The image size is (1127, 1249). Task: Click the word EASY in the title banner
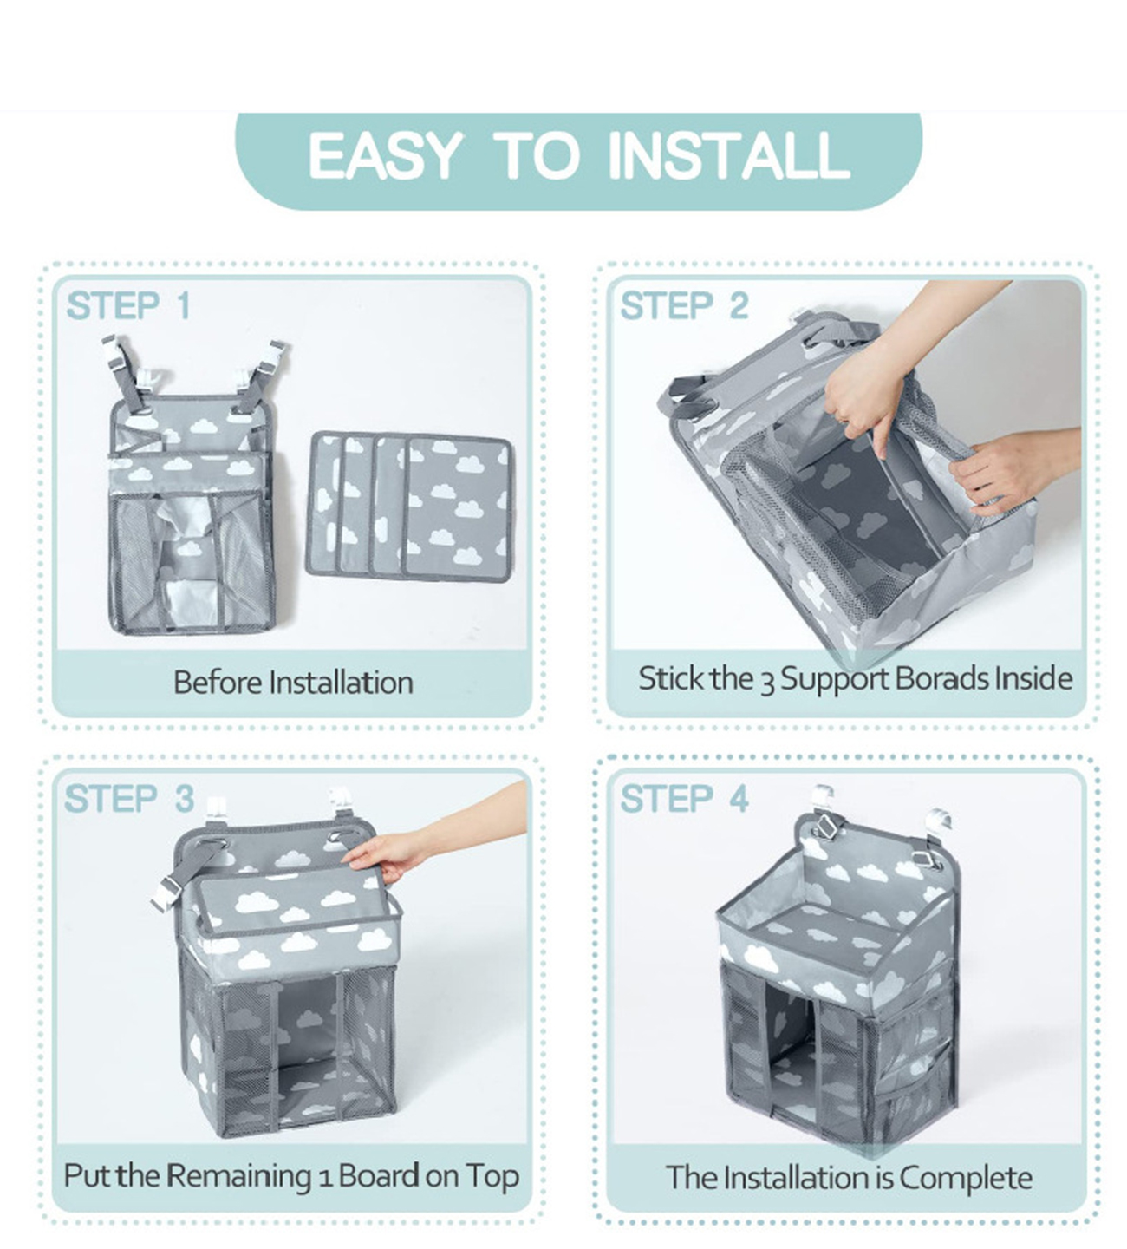coord(384,156)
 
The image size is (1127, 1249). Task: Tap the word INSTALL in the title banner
coord(728,156)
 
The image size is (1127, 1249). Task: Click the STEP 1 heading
coord(128,306)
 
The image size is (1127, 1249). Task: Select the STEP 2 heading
coord(684,306)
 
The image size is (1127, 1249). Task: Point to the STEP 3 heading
coord(129,799)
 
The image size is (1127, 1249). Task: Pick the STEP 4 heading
coord(684,799)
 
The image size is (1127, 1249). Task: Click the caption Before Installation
coord(293,683)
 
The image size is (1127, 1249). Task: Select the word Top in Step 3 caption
coord(492,1176)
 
